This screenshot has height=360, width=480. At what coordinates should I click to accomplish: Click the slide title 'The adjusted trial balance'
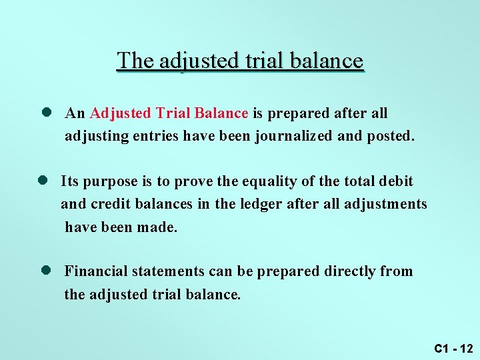tap(240, 61)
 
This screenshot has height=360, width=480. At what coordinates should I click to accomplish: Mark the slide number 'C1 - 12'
tap(453, 348)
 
